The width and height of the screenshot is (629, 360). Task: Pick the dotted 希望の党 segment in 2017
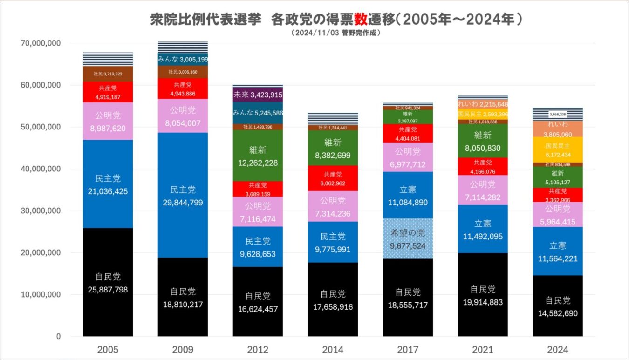tap(408, 238)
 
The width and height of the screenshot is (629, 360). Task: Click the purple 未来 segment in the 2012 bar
tap(258, 95)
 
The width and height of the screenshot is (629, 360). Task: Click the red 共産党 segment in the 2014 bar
tap(333, 178)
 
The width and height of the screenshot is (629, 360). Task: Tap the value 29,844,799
tap(183, 203)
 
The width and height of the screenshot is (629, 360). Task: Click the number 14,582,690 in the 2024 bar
tap(558, 313)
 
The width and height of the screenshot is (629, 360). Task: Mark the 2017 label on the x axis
tap(408, 350)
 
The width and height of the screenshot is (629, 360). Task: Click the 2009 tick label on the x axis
tap(183, 350)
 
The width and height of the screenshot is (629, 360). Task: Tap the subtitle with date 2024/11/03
tap(335, 33)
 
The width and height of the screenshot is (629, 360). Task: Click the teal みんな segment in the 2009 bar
tap(183, 59)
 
